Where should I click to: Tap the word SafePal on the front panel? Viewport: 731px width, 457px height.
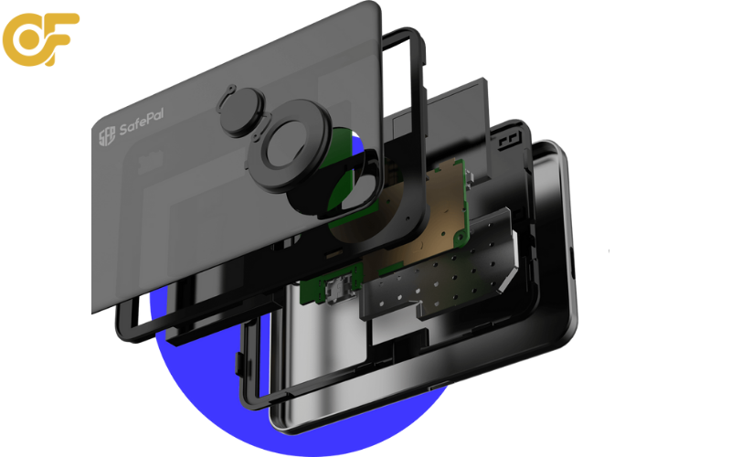[142, 122]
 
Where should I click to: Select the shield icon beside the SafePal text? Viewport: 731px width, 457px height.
[107, 136]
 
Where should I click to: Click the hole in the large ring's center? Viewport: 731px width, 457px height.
[286, 144]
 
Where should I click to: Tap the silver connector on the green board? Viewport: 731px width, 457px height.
[338, 290]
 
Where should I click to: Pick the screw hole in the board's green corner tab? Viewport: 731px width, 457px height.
[459, 238]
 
